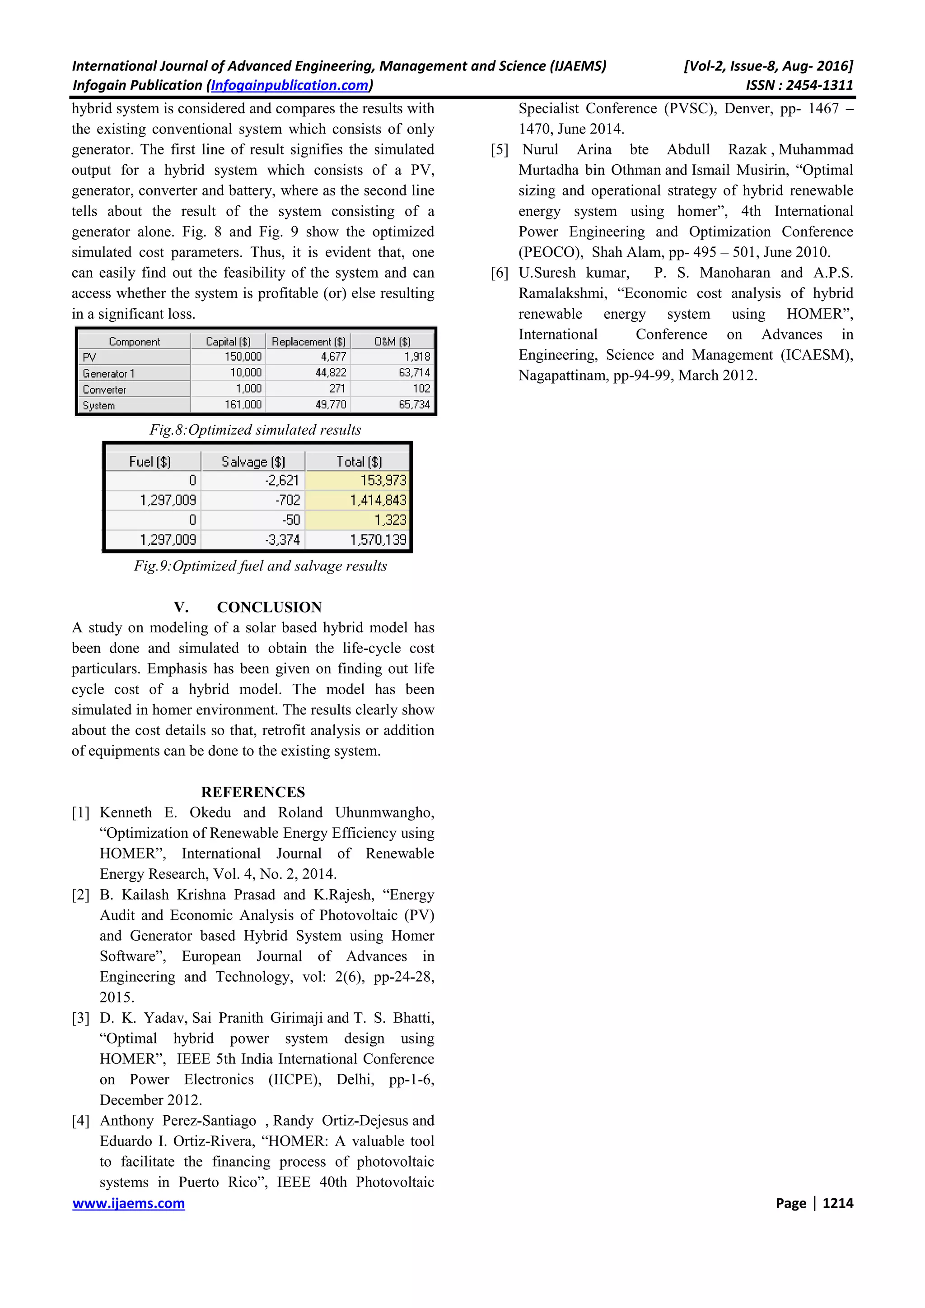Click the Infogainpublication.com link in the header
point(290,85)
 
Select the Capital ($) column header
point(228,341)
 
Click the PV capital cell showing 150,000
point(243,357)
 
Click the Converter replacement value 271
point(337,389)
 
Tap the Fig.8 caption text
point(255,430)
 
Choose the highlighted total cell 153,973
point(383,481)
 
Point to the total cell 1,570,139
point(378,539)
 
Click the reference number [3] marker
point(80,1018)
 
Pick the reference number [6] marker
point(499,273)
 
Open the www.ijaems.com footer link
point(128,1203)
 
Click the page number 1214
point(837,1203)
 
